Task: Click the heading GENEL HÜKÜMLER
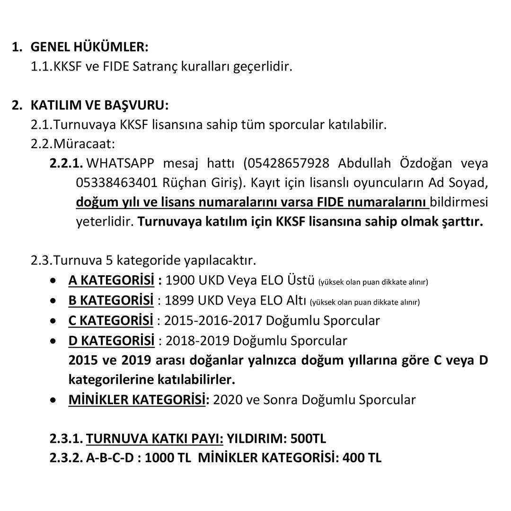point(89,47)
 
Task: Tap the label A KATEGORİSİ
point(111,281)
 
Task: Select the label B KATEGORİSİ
point(111,300)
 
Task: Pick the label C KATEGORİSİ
point(111,320)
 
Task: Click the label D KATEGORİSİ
point(111,340)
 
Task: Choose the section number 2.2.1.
point(66,163)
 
